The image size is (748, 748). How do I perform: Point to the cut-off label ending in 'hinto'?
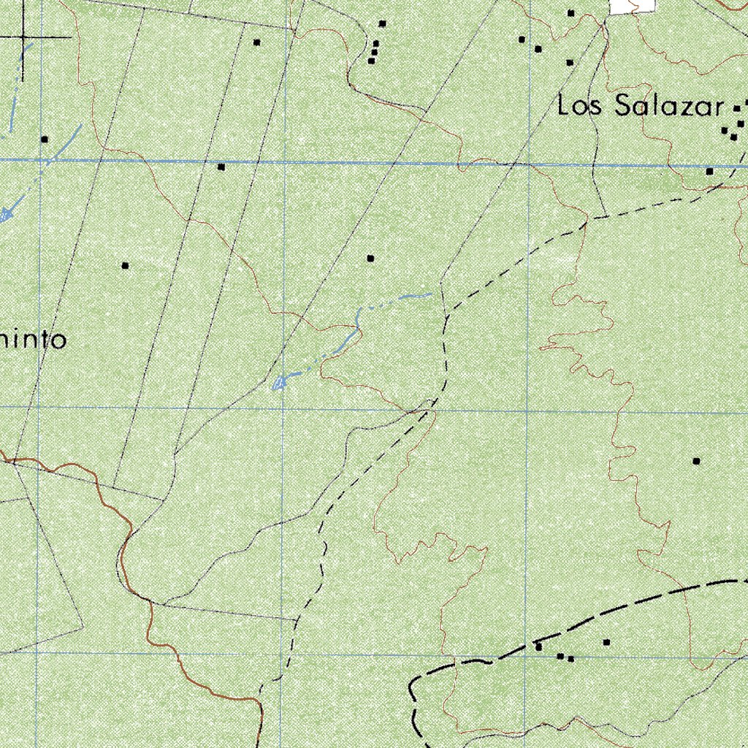tap(34, 340)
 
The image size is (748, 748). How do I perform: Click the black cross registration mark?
tap(23, 37)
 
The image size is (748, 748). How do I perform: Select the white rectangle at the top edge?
tap(632, 6)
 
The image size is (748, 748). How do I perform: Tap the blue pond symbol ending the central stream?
tap(278, 383)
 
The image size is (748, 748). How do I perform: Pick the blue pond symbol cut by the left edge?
tap(4, 213)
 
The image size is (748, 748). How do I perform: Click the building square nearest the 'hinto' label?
tap(126, 266)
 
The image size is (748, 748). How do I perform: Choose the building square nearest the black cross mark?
tap(45, 139)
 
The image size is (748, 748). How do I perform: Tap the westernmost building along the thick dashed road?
tap(538, 647)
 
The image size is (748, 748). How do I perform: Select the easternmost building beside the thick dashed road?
tap(606, 642)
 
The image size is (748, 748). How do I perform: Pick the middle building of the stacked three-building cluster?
tap(375, 52)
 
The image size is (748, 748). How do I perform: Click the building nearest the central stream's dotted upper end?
tap(370, 259)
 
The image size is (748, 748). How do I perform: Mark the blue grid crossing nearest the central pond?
tap(283, 408)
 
